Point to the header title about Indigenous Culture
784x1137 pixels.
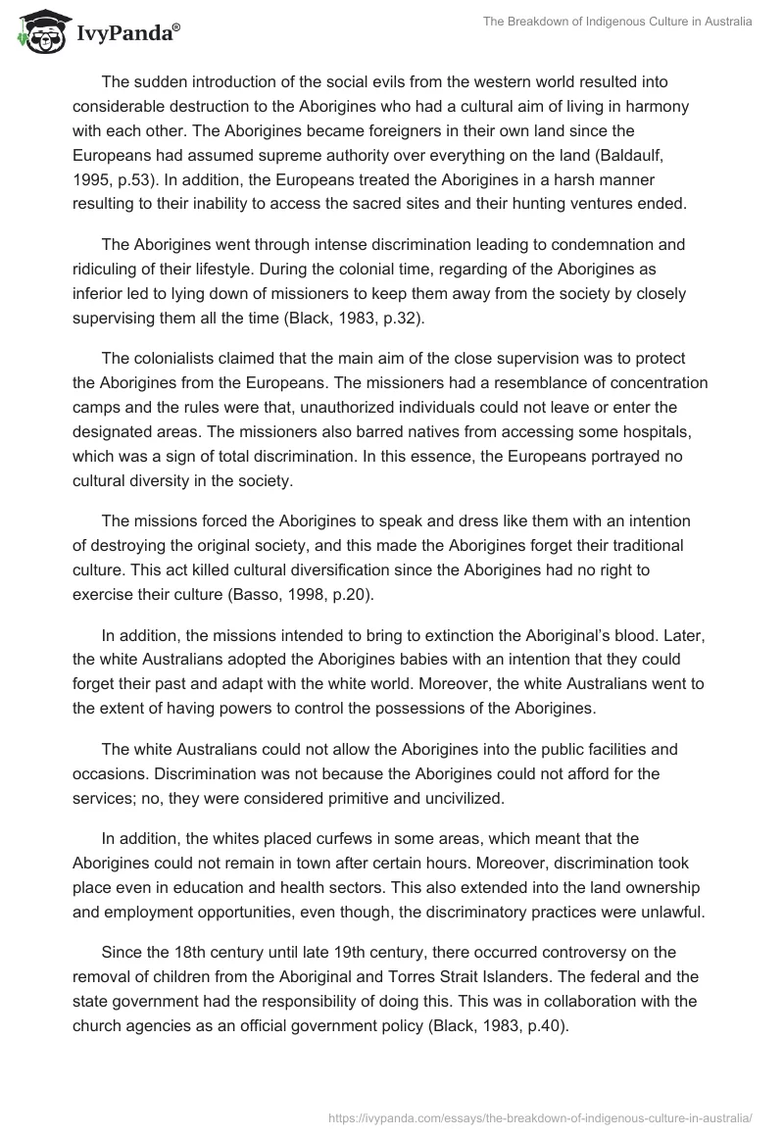617,22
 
